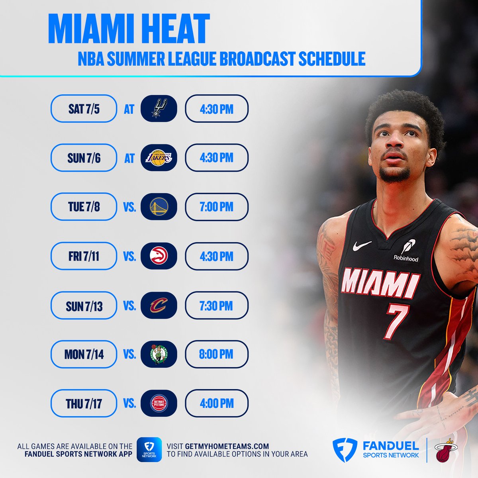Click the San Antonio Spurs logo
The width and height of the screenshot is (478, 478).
(x=159, y=108)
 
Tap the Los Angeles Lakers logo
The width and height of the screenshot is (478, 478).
(x=159, y=158)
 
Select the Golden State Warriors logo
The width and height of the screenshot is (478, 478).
(x=159, y=207)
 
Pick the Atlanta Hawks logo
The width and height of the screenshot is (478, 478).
(x=159, y=256)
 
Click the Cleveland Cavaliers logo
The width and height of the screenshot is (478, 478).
(x=159, y=306)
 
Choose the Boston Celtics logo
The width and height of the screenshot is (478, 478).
(x=159, y=354)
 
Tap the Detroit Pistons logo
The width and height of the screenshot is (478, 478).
(x=159, y=404)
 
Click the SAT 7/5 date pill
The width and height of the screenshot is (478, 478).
(x=84, y=108)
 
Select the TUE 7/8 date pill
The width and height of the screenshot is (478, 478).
(x=84, y=207)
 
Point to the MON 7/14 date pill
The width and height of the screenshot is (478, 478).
(x=84, y=354)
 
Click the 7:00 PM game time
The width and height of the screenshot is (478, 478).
(x=217, y=207)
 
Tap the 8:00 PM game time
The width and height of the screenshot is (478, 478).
(x=217, y=354)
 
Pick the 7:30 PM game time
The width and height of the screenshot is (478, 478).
(x=217, y=306)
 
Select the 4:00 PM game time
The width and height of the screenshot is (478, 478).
(x=217, y=404)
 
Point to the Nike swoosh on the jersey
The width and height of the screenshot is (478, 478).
(x=362, y=246)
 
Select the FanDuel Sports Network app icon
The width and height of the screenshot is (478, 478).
(x=149, y=450)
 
